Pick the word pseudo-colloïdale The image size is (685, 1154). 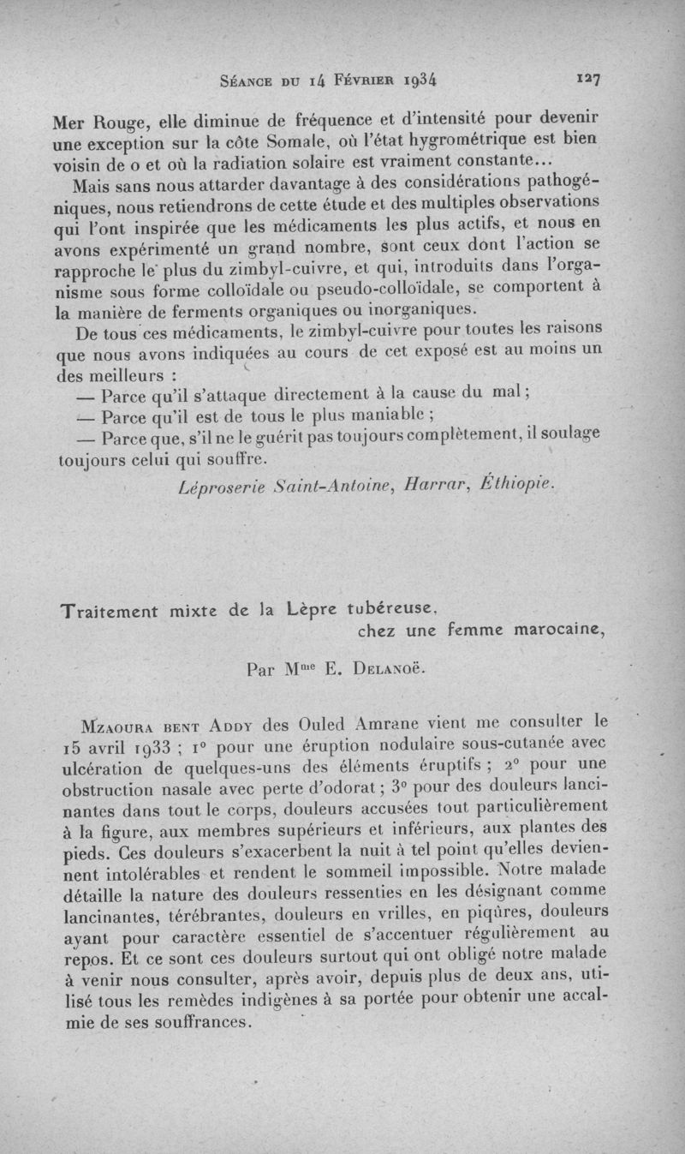366,286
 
